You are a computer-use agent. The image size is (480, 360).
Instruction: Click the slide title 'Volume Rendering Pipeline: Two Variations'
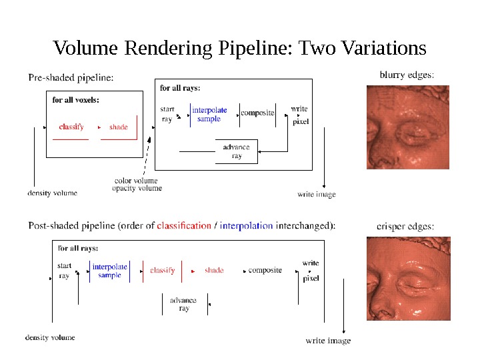pos(239,49)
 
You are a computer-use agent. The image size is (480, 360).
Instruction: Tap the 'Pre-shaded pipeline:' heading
pos(71,77)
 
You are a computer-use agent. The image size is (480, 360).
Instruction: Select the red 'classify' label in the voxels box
pos(71,127)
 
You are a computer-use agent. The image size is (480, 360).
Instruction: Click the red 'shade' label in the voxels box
pos(118,127)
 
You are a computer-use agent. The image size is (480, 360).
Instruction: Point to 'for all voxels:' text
pos(76,100)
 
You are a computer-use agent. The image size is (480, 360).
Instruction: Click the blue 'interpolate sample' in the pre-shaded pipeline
pos(209,114)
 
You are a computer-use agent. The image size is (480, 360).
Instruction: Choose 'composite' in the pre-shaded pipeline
pos(257,113)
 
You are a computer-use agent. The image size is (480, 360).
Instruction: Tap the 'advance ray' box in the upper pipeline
pos(237,151)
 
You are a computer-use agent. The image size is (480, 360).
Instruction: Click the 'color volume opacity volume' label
pos(137,185)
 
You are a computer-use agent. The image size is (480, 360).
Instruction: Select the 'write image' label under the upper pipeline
pos(317,195)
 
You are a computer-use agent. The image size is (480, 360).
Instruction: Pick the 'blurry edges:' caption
pos(407,75)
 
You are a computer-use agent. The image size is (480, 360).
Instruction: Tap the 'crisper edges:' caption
pos(405,227)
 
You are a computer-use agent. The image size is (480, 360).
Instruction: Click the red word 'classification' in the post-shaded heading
pos(184,225)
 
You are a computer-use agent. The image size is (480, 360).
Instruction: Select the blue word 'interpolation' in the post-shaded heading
pos(246,225)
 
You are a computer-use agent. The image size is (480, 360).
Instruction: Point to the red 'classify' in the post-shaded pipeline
pos(163,271)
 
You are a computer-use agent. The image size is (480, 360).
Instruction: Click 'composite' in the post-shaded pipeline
pos(265,271)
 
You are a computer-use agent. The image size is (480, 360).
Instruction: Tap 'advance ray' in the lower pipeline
pos(183,304)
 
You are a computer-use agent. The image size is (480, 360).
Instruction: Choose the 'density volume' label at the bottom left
pos(50,337)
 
